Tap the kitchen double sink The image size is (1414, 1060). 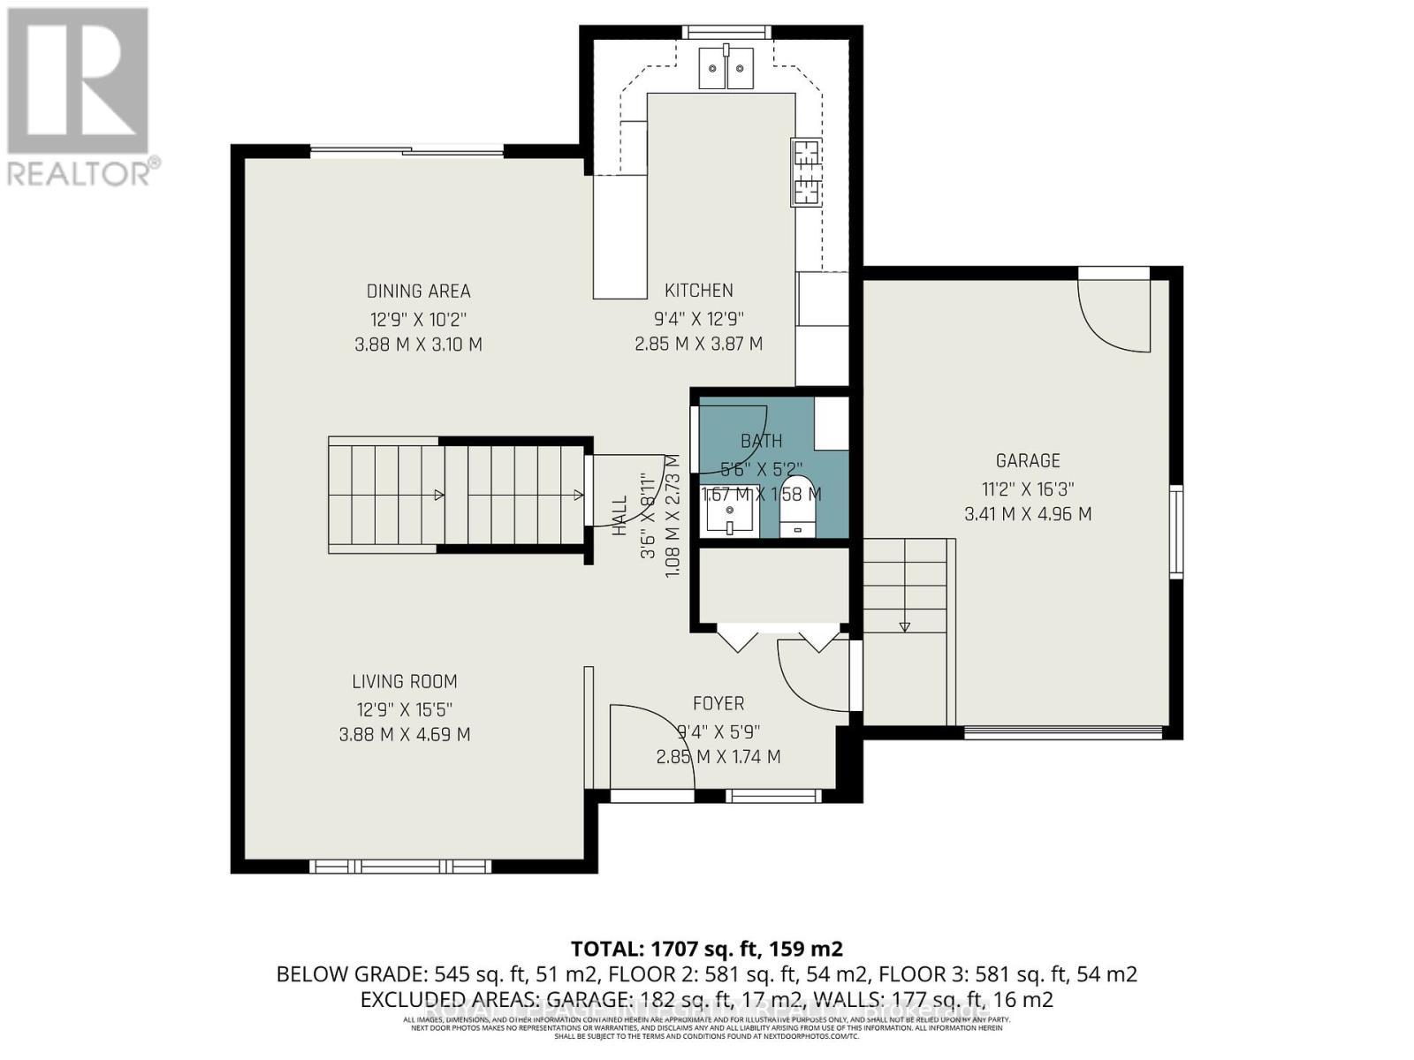tap(726, 69)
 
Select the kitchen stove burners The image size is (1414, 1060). tap(805, 173)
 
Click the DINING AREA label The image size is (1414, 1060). tap(418, 291)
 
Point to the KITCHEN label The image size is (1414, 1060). tap(698, 290)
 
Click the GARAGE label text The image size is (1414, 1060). tap(1027, 460)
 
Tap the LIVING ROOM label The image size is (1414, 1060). tap(405, 681)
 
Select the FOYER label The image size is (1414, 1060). tap(718, 703)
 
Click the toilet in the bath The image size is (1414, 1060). tap(799, 513)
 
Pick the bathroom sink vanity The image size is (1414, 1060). tap(730, 511)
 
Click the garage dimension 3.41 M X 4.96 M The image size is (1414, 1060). tap(1027, 513)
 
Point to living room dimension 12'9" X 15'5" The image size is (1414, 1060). tap(405, 708)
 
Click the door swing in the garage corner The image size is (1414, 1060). tap(1115, 314)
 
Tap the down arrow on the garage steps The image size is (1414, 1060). tap(904, 625)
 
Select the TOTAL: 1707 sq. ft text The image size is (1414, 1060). tap(707, 949)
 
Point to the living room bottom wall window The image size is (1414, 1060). tap(401, 866)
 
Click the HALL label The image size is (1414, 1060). tap(620, 515)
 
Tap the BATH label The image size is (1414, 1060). tap(761, 440)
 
